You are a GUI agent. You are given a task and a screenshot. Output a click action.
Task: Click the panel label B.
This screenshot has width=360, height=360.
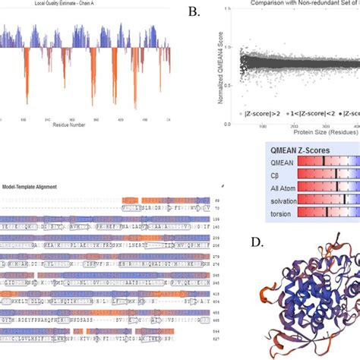194,12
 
